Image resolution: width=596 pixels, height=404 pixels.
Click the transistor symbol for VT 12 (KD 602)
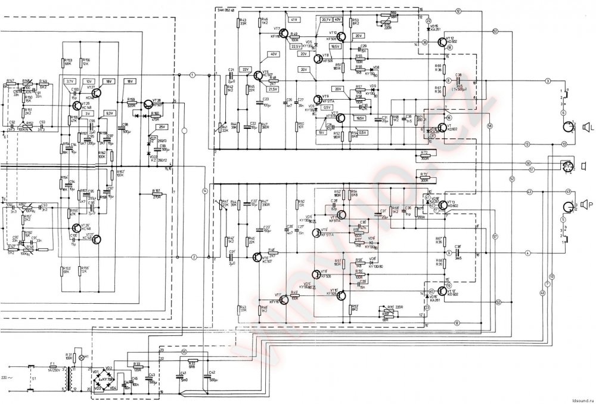[x=440, y=41]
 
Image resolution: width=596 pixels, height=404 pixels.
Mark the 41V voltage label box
[x=294, y=20]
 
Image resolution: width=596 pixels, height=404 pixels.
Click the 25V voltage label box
[x=163, y=127]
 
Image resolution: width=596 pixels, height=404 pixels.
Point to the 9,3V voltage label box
[x=109, y=113]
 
